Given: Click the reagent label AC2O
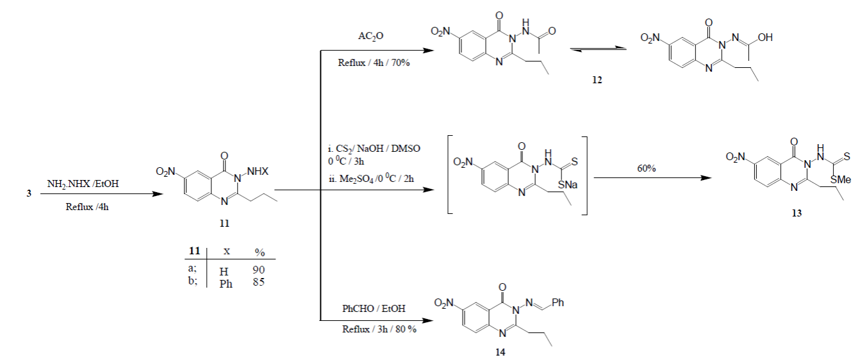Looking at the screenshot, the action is (371, 37).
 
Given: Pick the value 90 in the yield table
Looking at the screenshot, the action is (259, 270).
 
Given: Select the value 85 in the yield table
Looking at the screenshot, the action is (259, 282).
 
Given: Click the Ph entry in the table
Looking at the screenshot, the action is (226, 284).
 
